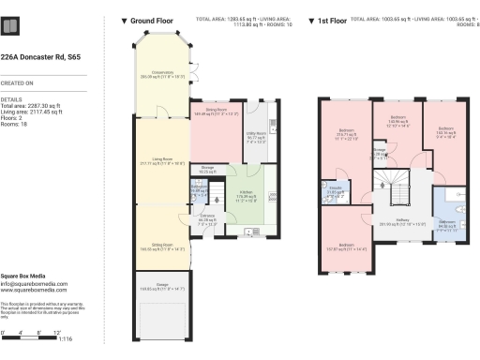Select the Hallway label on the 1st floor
click(402, 221)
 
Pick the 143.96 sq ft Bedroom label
click(397, 117)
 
